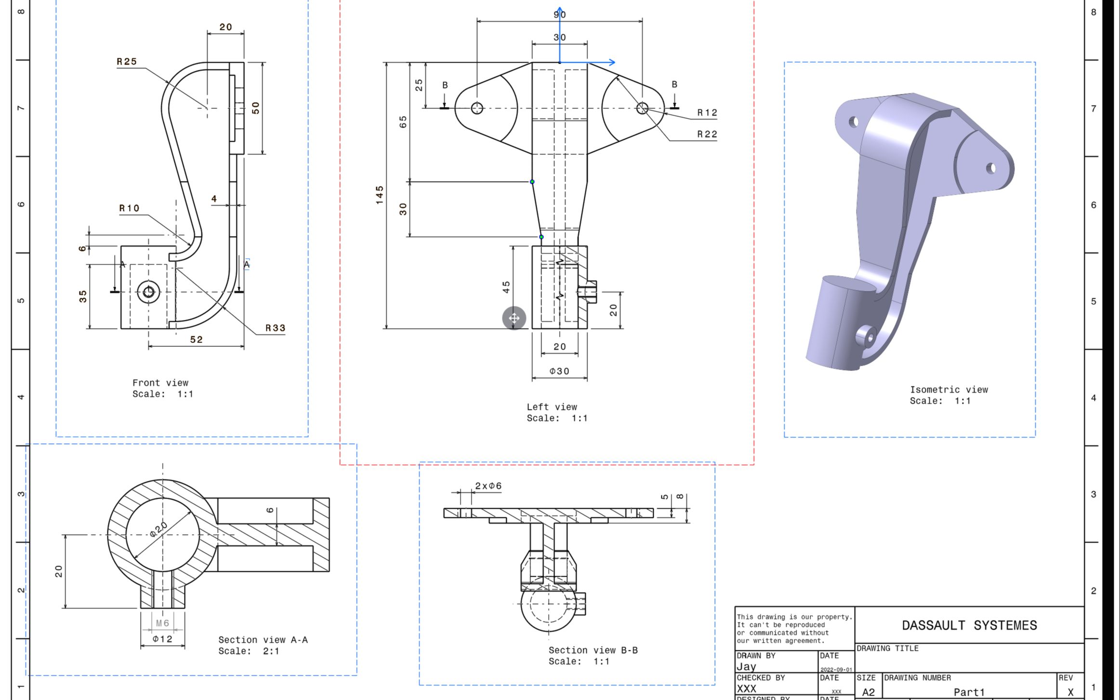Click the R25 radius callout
(x=127, y=62)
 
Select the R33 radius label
(x=276, y=328)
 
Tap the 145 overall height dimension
(x=380, y=195)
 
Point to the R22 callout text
(x=707, y=134)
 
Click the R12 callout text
(x=707, y=113)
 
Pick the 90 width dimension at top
(x=559, y=15)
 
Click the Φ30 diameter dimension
(x=559, y=371)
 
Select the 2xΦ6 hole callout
(x=488, y=486)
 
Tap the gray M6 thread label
(x=163, y=623)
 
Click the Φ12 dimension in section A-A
(x=162, y=639)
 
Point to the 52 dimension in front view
(x=197, y=340)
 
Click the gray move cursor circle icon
(x=514, y=318)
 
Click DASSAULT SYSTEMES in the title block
(x=969, y=625)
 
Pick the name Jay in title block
(x=746, y=667)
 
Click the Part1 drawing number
(x=969, y=692)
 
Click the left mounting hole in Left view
(x=477, y=108)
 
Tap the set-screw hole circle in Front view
(x=148, y=292)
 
